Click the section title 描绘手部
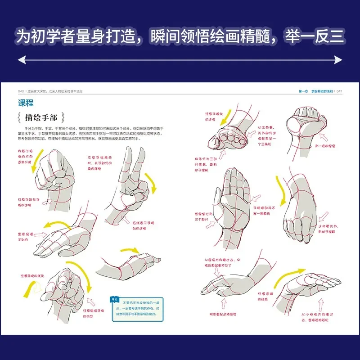coord(41,118)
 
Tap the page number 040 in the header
coord(21,90)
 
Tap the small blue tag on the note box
coord(114,298)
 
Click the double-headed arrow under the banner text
coord(180,59)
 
